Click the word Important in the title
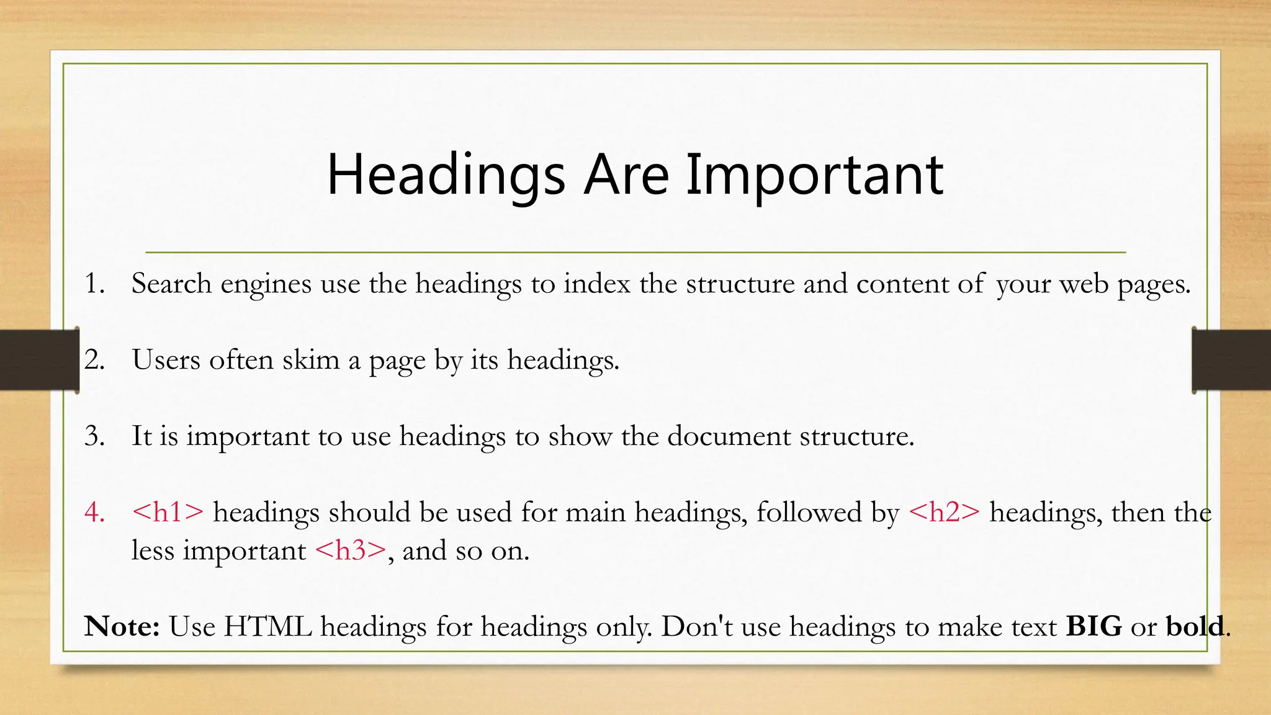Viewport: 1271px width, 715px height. (x=814, y=175)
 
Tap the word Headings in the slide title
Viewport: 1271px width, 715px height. (x=446, y=175)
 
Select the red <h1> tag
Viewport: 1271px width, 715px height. (x=168, y=513)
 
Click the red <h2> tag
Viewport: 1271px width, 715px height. (x=944, y=513)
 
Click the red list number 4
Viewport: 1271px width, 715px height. (x=94, y=513)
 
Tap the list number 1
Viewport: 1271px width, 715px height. (x=94, y=284)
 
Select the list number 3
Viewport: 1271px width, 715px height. (x=94, y=436)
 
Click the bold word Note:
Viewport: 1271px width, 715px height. (x=122, y=626)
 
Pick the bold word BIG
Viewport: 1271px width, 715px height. (x=1094, y=626)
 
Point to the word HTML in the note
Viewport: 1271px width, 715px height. (x=267, y=626)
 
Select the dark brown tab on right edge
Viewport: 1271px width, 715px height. (x=1232, y=360)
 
